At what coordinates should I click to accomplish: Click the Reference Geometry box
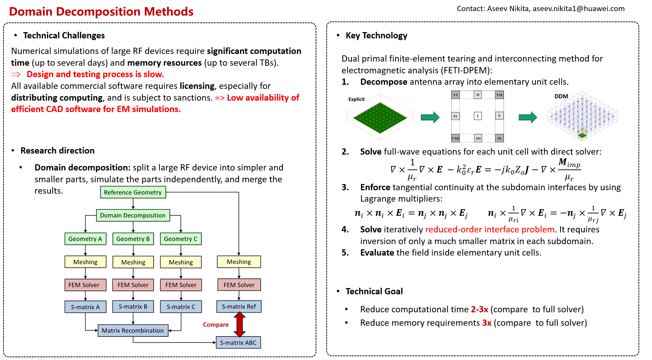tap(133, 192)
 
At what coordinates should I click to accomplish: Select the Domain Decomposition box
tap(133, 215)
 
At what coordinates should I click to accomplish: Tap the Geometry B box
tap(133, 239)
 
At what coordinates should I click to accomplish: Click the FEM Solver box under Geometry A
tap(85, 285)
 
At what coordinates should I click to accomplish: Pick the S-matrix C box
tap(181, 307)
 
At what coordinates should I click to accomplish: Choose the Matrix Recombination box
tap(133, 331)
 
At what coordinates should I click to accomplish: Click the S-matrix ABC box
tap(238, 343)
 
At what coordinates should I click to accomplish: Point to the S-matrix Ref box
tap(239, 307)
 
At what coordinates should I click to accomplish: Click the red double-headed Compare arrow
tap(239, 324)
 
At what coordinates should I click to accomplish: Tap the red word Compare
tap(216, 325)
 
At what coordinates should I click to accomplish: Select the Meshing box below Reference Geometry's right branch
tap(239, 262)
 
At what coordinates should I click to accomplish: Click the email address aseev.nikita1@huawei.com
tap(579, 9)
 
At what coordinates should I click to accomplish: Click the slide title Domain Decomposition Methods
tap(101, 11)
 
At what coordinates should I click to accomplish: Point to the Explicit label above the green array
tap(356, 99)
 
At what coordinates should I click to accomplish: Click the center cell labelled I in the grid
tap(478, 116)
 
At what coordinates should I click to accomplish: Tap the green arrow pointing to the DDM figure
tap(528, 117)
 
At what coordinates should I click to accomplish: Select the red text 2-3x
tap(480, 309)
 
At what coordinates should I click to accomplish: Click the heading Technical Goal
tap(374, 291)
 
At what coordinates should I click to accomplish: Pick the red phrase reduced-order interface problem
tap(490, 229)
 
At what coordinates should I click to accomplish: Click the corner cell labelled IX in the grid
tap(499, 138)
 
